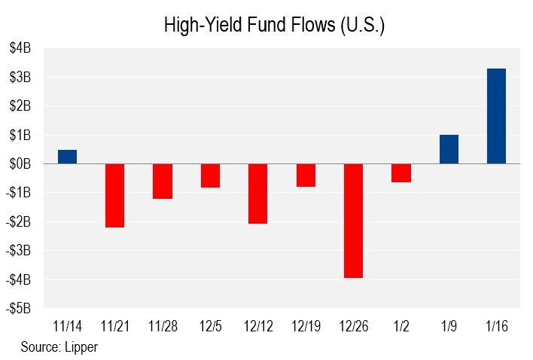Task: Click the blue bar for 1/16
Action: coord(496,116)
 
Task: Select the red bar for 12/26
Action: coord(353,221)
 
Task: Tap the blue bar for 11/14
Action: coord(67,157)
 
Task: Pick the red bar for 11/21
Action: coord(114,195)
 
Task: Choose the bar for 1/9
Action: coord(449,149)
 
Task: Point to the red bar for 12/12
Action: coord(257,194)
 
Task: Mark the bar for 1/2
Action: coord(401,172)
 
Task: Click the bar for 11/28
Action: coord(163,181)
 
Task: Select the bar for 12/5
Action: coord(210,175)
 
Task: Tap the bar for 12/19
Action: coord(306,175)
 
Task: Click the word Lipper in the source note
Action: coord(83,347)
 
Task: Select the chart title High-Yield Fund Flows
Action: coord(274,25)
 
